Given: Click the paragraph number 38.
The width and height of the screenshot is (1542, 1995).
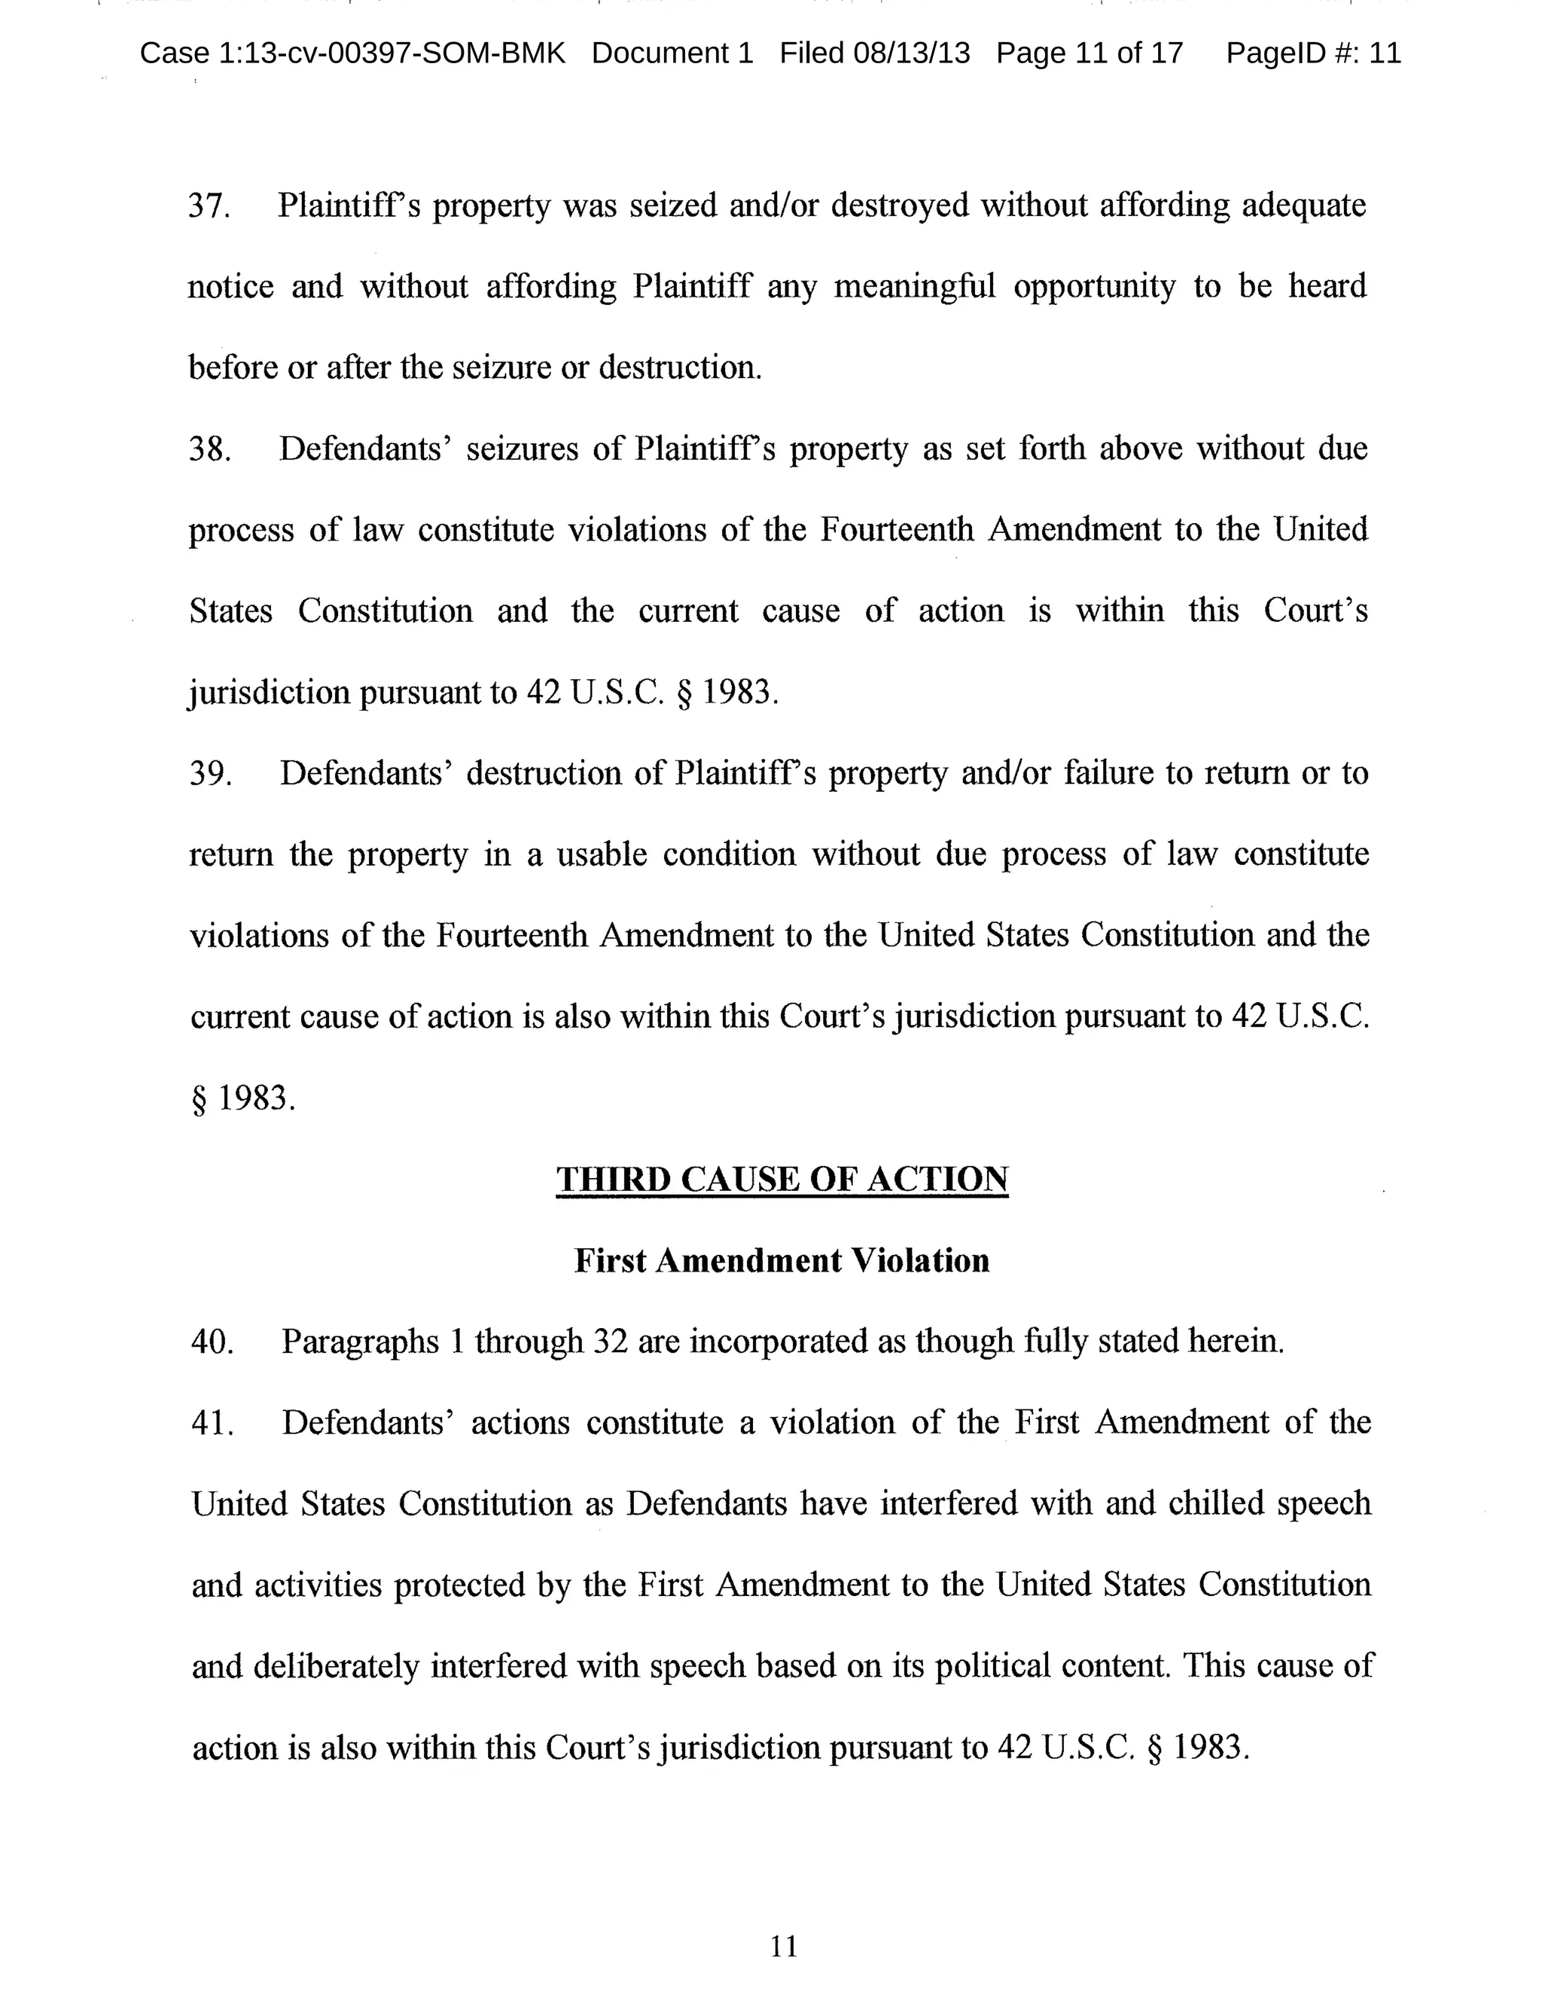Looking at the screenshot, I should click(x=209, y=449).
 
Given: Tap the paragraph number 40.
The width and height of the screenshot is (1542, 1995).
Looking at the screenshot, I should click(x=212, y=1342).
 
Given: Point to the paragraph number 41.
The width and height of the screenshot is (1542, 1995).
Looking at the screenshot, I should click(x=212, y=1423).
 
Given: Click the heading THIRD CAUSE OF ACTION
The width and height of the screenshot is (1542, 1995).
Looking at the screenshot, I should click(x=782, y=1179).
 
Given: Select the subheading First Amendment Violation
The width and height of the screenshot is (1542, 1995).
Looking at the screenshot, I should click(x=782, y=1260).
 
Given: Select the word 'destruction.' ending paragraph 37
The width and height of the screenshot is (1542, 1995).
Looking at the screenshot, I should click(x=680, y=368).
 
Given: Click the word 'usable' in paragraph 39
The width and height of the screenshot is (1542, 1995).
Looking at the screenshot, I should click(x=602, y=855).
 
